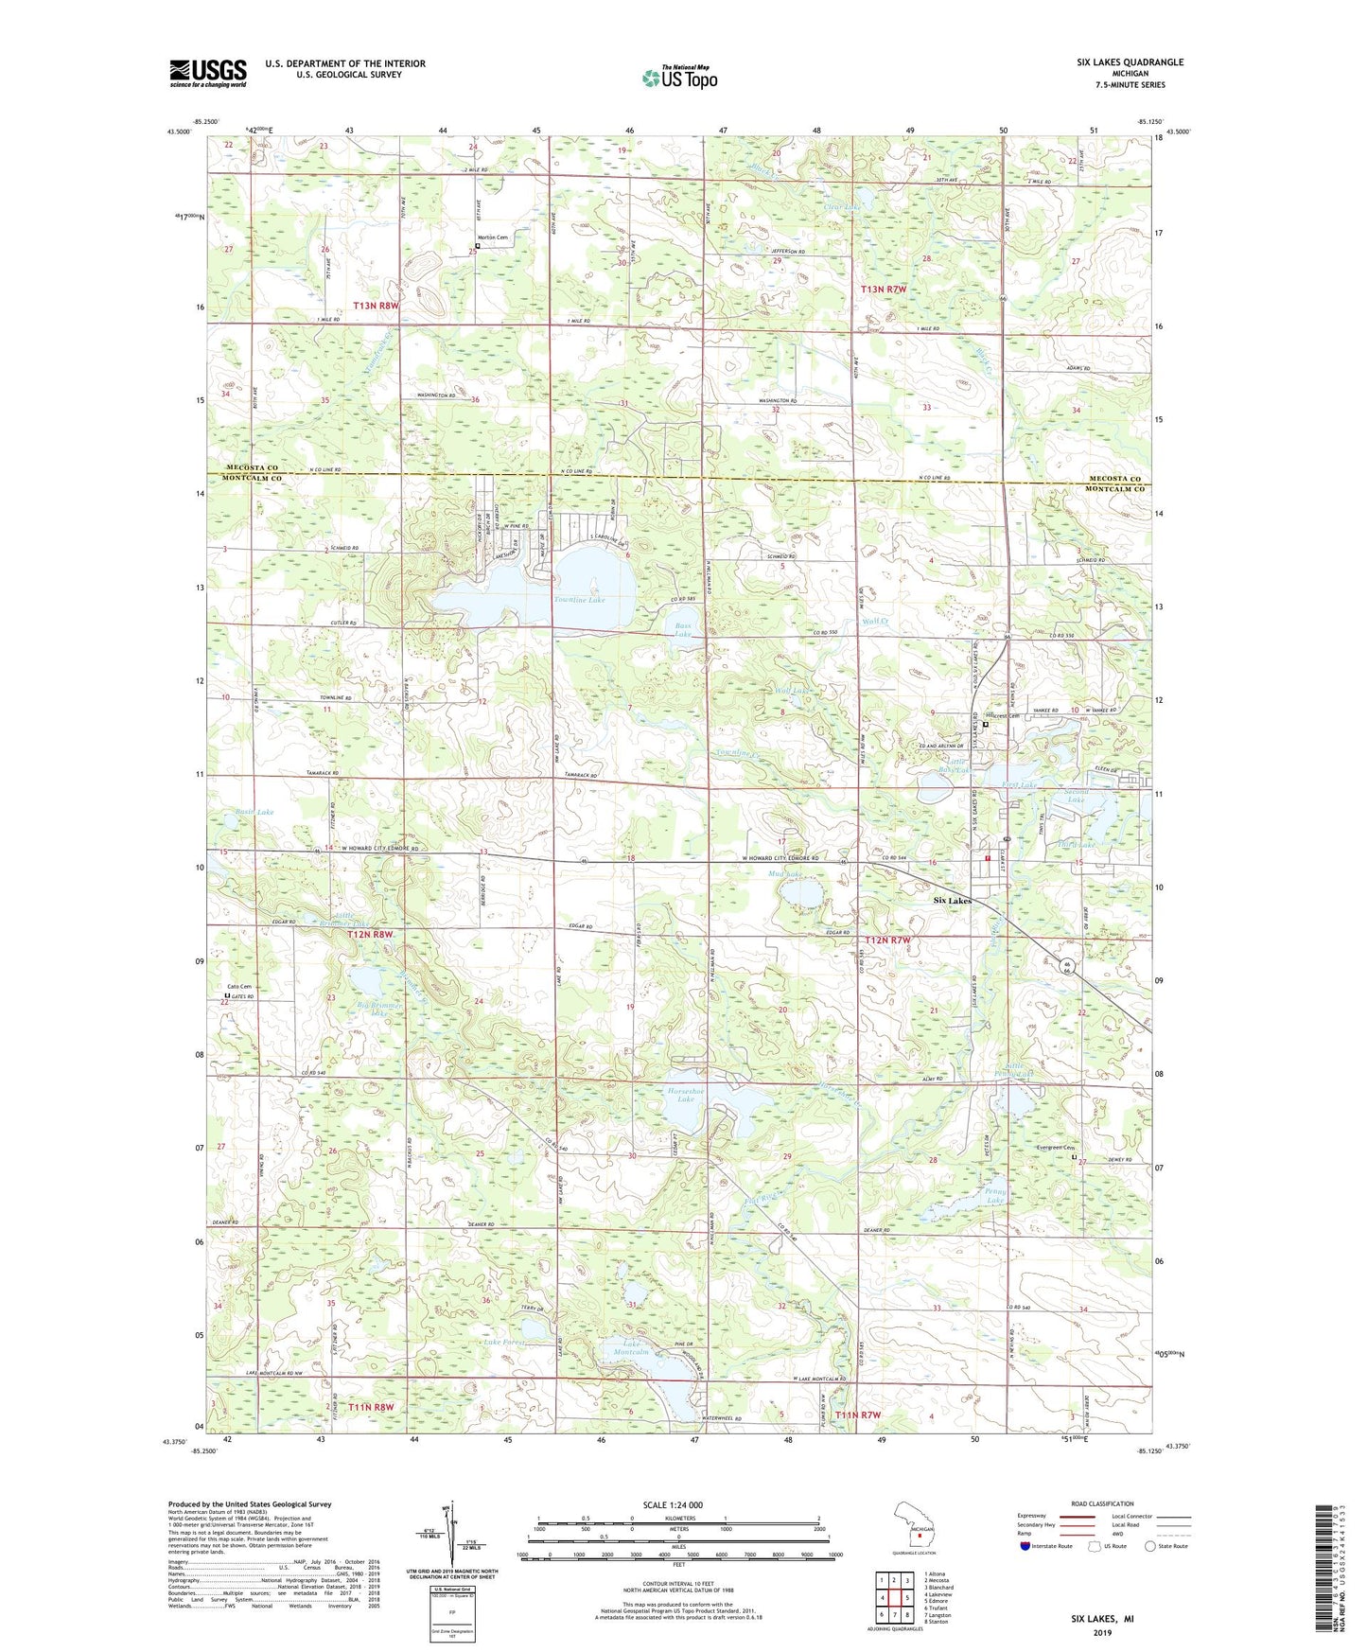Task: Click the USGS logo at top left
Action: [x=208, y=73]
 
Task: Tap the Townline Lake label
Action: [x=579, y=600]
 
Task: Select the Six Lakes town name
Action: [x=952, y=901]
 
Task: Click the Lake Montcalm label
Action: [x=637, y=1348]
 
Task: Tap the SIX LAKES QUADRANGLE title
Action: [x=1130, y=62]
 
